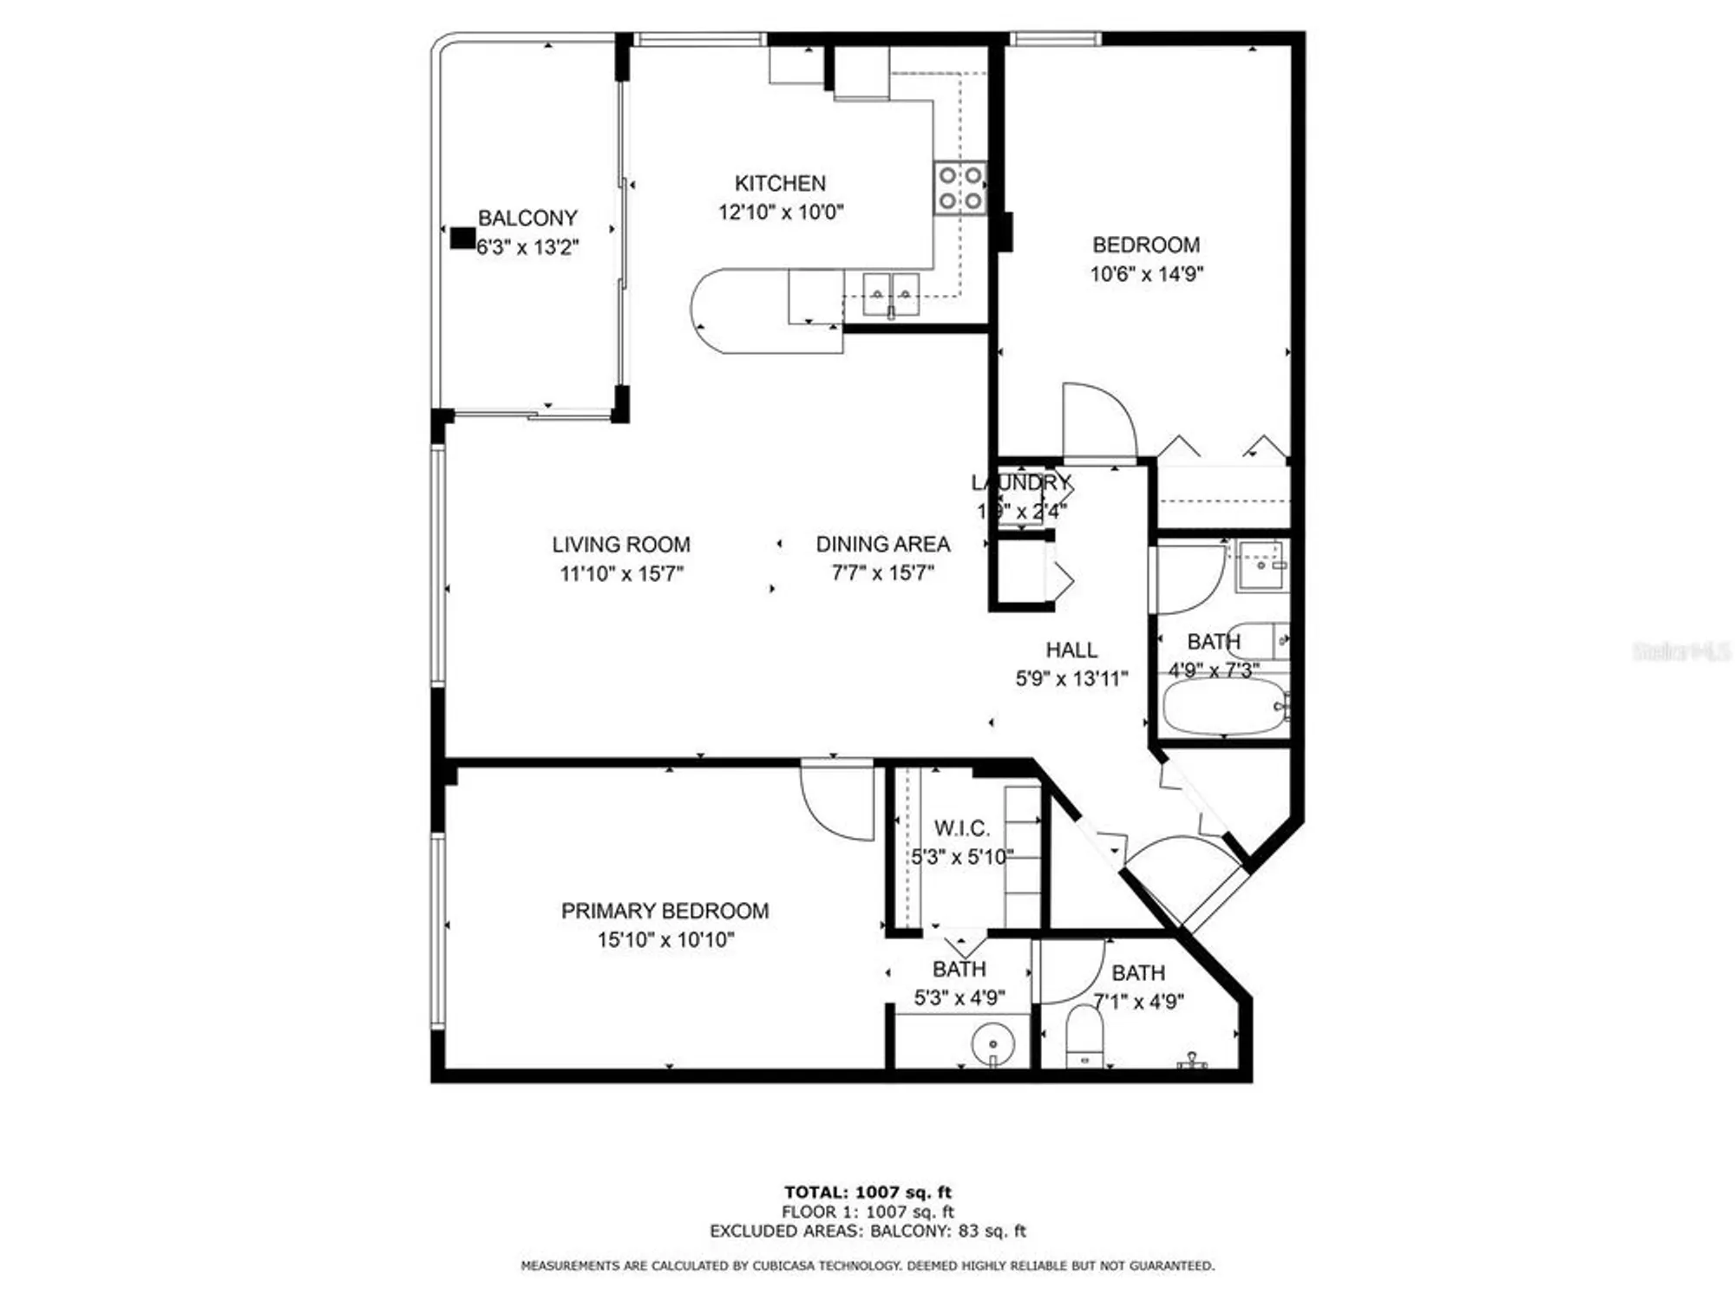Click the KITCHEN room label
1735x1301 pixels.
pos(780,183)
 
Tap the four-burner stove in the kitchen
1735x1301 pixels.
pos(960,188)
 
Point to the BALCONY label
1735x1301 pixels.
pos(527,218)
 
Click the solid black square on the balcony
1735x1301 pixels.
pos(462,238)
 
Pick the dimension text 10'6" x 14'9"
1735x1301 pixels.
pos(1146,274)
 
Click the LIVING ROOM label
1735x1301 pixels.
pos(621,545)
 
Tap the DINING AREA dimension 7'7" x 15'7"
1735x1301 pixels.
pos(882,573)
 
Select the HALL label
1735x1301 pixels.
pos(1071,650)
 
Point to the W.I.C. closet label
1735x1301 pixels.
pos(961,827)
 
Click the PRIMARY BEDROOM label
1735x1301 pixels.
pos(665,911)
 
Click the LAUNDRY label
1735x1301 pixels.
pos(1020,483)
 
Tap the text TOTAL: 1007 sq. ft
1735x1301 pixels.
pos(867,1192)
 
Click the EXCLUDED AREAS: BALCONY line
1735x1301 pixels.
pos(867,1231)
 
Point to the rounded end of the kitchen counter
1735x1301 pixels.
pos(711,311)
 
